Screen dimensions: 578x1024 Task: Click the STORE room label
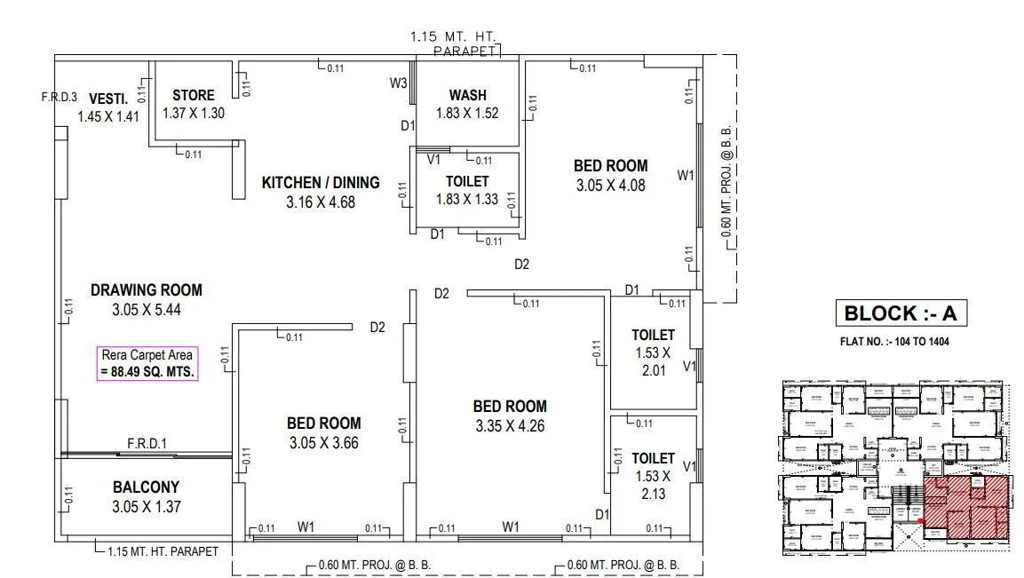tap(193, 96)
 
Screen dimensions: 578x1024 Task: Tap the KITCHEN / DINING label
tap(320, 183)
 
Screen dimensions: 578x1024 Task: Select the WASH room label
tap(467, 96)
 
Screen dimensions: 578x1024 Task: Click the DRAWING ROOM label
tap(146, 290)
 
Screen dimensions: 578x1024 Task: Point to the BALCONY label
tap(146, 487)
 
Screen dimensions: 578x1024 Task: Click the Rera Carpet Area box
tap(147, 363)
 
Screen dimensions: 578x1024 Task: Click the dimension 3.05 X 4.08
tap(610, 186)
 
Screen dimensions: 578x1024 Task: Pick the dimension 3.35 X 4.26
tap(509, 425)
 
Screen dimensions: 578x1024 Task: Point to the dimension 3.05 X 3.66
tap(323, 442)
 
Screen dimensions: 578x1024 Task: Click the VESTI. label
tap(108, 99)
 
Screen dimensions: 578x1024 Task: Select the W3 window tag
tap(398, 83)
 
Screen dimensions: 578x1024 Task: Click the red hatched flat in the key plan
tap(967, 508)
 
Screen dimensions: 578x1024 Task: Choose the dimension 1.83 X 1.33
tap(467, 199)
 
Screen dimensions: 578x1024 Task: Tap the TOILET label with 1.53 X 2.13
tap(653, 458)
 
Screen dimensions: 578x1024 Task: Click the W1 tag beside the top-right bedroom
tap(685, 176)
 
